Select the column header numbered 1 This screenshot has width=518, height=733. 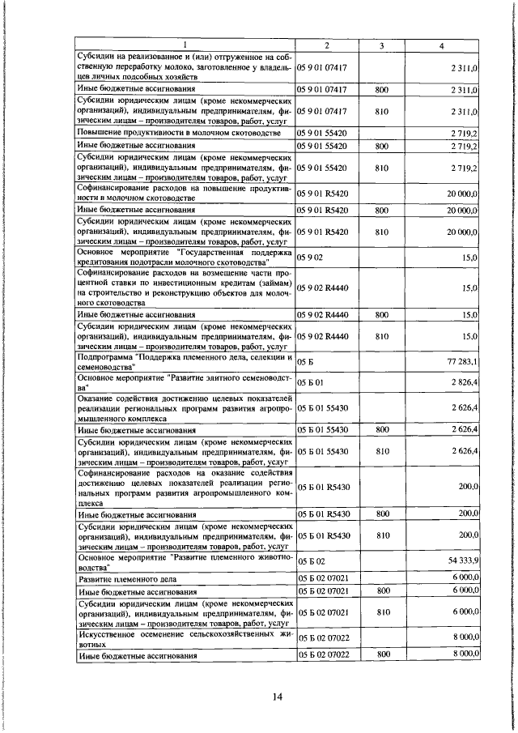tap(185, 45)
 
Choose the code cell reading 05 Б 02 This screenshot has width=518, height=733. tap(311, 560)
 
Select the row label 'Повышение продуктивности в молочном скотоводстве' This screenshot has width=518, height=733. tap(178, 132)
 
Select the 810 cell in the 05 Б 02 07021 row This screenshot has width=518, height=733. tap(382, 613)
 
